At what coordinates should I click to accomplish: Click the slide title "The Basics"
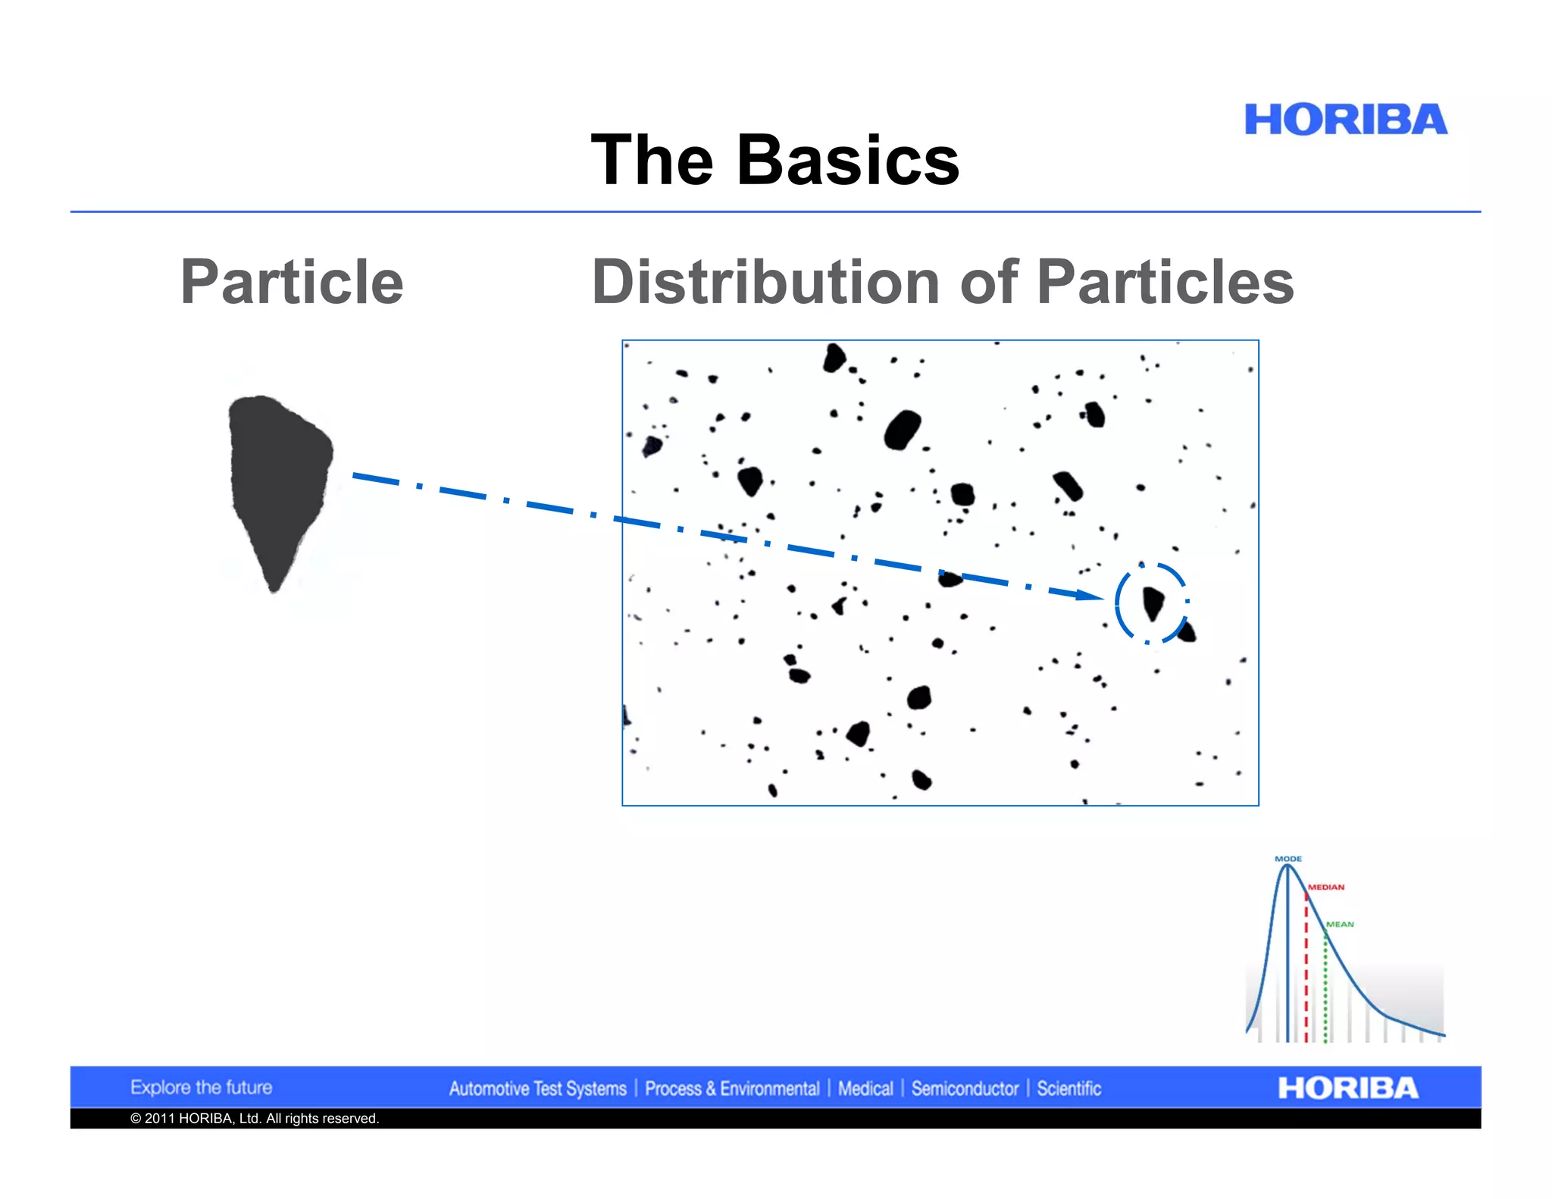[x=774, y=160]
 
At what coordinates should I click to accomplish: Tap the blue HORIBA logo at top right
[x=1345, y=120]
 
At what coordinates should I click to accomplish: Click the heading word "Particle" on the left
[x=292, y=282]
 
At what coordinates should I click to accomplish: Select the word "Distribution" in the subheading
[x=765, y=282]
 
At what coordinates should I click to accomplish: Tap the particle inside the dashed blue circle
[x=1153, y=603]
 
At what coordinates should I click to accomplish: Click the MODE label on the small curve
[x=1288, y=859]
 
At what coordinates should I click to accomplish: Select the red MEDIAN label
[x=1326, y=887]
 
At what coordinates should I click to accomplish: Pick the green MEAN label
[x=1340, y=924]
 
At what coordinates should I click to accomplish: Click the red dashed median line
[x=1306, y=970]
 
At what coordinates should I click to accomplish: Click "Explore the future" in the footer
[x=201, y=1088]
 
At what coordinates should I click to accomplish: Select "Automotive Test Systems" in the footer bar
[x=537, y=1089]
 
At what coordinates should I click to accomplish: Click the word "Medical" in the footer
[x=865, y=1089]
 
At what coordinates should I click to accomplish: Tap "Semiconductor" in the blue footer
[x=965, y=1089]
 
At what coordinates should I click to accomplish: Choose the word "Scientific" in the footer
[x=1069, y=1089]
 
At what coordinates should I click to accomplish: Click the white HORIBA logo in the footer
[x=1347, y=1088]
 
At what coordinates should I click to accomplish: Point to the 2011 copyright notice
[x=255, y=1119]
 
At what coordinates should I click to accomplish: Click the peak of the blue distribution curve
[x=1287, y=866]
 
